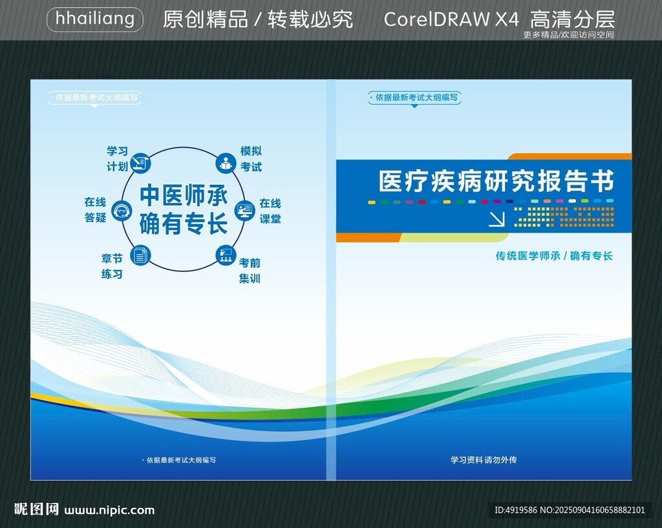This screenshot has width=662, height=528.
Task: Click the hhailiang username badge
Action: click(x=95, y=19)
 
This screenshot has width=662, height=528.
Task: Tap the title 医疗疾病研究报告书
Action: click(x=496, y=181)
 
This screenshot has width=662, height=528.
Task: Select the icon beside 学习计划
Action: click(x=140, y=163)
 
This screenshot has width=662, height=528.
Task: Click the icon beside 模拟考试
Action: click(x=226, y=163)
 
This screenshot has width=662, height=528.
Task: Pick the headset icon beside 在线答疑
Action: click(x=122, y=211)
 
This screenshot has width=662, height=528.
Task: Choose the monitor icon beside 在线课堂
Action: click(x=245, y=210)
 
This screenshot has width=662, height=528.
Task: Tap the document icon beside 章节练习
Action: click(x=140, y=255)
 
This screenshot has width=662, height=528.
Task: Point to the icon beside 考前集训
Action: click(x=226, y=255)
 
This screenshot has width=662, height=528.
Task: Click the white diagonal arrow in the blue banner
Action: click(x=496, y=218)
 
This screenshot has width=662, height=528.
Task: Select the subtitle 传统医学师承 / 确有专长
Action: click(x=554, y=256)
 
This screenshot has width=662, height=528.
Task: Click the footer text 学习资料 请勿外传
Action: click(x=484, y=459)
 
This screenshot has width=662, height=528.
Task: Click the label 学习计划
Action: click(x=117, y=159)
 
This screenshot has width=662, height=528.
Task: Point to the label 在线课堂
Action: click(x=270, y=211)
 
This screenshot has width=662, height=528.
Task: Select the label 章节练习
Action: click(x=112, y=266)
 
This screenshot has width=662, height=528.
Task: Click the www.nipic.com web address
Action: click(x=109, y=510)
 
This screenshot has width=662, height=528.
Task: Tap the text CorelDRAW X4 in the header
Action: click(x=451, y=19)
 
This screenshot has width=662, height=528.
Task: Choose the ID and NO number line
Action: click(x=570, y=510)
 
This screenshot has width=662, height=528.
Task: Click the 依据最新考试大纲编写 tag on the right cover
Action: click(x=414, y=98)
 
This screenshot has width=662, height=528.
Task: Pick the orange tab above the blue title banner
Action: click(x=570, y=156)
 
